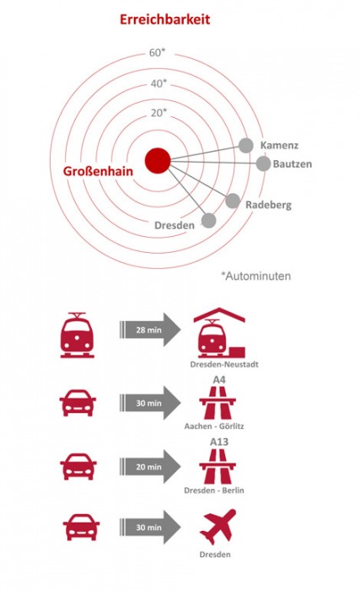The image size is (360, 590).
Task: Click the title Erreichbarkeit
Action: point(164,19)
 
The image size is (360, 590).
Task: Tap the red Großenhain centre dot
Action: point(158,161)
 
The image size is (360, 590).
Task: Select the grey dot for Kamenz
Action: point(245,145)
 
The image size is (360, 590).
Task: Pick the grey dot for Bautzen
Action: point(263,164)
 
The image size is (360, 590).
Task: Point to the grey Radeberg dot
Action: point(233,201)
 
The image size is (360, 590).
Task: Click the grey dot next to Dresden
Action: point(208,221)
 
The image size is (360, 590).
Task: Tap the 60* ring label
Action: point(158,52)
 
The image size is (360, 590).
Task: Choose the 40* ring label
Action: point(159,83)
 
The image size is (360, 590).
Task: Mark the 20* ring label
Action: point(159,112)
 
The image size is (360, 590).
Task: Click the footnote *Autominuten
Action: point(255,276)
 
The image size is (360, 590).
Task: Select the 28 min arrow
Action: point(150,330)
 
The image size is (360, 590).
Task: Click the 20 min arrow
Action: point(150,467)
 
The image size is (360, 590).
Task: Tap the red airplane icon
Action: point(218,527)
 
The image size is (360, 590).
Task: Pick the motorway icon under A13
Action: point(218,467)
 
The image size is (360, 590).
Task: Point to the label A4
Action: point(219,379)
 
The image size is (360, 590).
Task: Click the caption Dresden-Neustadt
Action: point(224,364)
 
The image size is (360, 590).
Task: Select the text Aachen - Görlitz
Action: point(214,426)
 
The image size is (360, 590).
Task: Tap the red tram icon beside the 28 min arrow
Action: point(78,335)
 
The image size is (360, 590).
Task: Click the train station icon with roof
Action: point(219,333)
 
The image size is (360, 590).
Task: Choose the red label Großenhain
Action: point(98,171)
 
